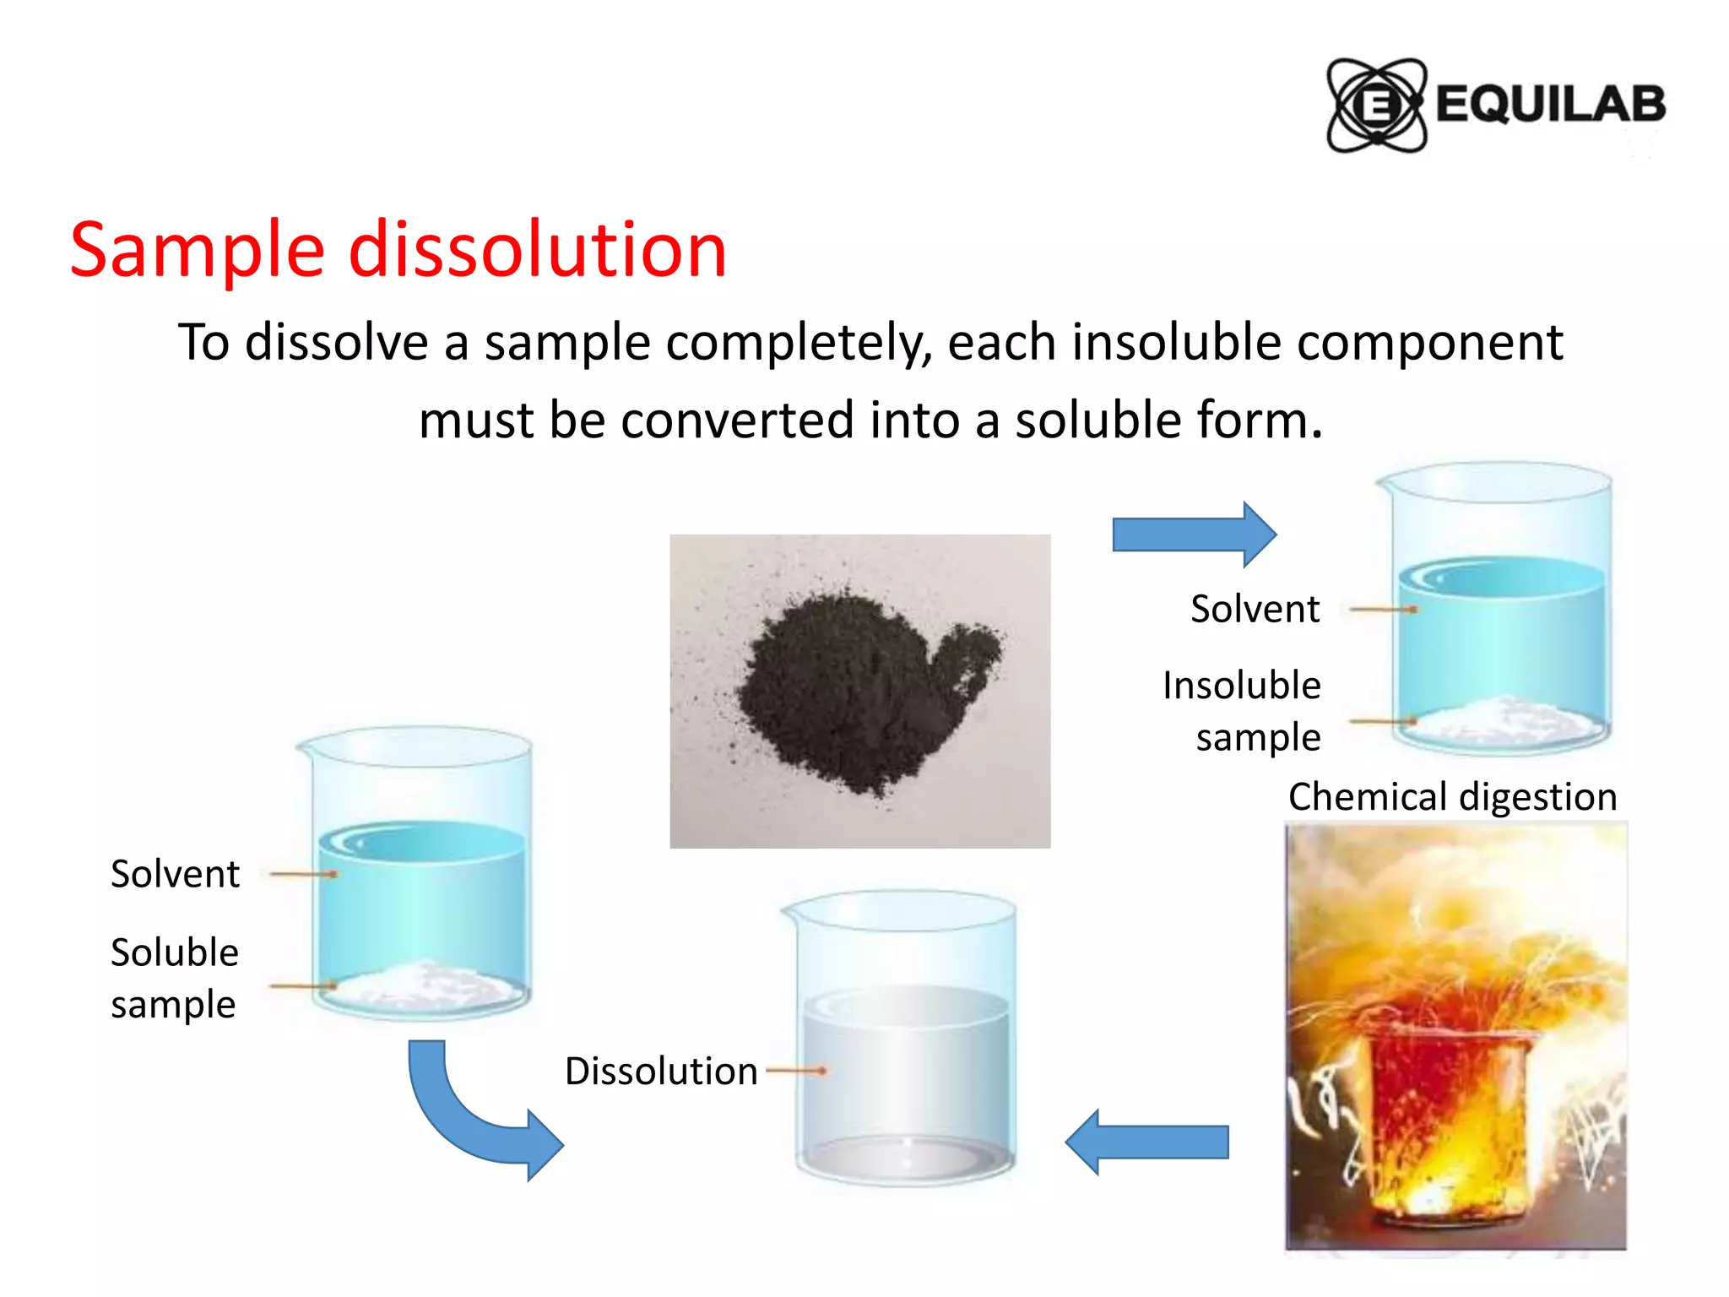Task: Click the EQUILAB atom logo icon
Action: click(x=1376, y=106)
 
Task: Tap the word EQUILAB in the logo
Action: click(x=1550, y=105)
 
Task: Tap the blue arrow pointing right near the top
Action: click(x=1194, y=534)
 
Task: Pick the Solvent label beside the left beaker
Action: click(x=175, y=874)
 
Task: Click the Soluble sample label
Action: click(x=175, y=978)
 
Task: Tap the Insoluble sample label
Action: click(x=1242, y=711)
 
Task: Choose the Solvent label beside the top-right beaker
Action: click(x=1255, y=609)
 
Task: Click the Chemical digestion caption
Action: click(x=1452, y=797)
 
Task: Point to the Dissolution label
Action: click(x=661, y=1071)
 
